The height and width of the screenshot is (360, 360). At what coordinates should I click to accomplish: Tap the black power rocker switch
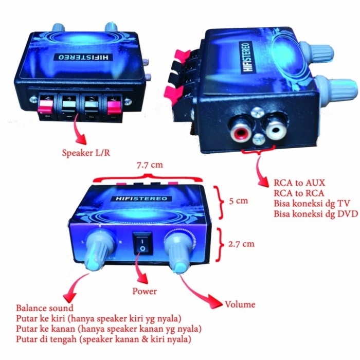click(x=142, y=243)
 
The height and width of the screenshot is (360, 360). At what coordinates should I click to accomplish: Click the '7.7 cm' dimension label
click(x=150, y=165)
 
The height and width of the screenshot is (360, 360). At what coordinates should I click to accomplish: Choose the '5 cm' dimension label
click(x=239, y=201)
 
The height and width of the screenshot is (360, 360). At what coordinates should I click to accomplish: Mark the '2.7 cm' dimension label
click(x=241, y=244)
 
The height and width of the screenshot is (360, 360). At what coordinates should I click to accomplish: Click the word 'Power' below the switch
click(x=145, y=291)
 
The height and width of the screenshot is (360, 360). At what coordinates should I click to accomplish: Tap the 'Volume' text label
click(x=240, y=304)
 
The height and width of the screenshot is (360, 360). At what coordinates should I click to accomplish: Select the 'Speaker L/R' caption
click(x=86, y=153)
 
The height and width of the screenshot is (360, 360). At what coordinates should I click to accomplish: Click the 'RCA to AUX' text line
click(x=299, y=183)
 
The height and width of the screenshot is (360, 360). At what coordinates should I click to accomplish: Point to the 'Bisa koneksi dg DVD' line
click(x=316, y=214)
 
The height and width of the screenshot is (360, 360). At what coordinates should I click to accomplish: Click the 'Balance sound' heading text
click(x=45, y=308)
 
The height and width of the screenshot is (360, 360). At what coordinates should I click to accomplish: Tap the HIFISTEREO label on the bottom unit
click(x=141, y=199)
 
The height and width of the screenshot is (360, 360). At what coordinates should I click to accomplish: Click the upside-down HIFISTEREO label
click(x=83, y=57)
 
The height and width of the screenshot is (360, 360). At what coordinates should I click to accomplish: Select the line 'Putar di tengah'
click(x=103, y=339)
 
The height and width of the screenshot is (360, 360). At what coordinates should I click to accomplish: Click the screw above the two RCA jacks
click(x=257, y=113)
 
